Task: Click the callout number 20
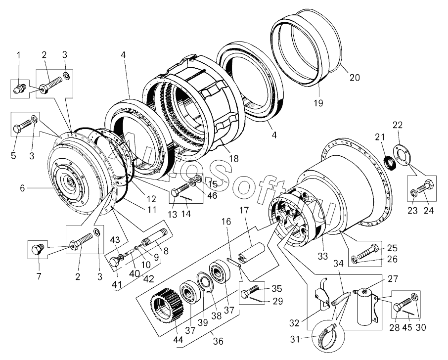point(354,78)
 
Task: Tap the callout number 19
point(317,103)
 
